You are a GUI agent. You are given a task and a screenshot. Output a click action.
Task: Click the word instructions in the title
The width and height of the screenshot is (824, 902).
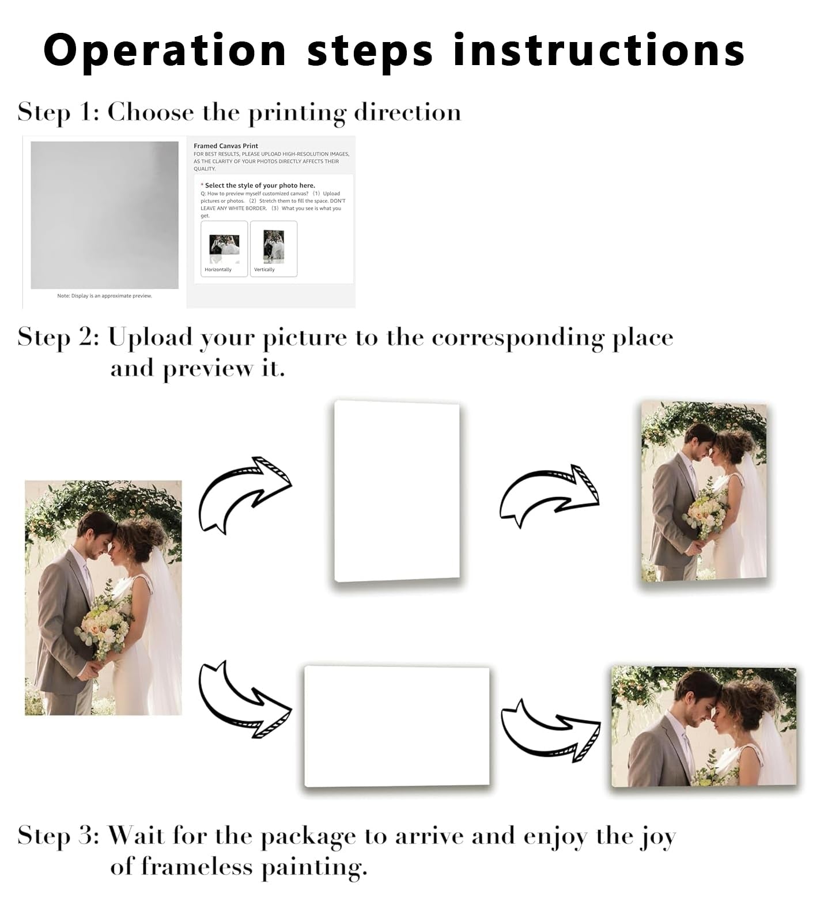tap(599, 50)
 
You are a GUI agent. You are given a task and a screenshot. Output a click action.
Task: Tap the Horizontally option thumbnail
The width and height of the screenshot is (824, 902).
tap(224, 249)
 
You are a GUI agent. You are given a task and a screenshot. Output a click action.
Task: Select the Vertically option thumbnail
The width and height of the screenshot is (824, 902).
tap(274, 249)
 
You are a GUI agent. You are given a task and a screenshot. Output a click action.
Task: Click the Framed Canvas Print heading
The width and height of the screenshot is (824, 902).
tap(226, 146)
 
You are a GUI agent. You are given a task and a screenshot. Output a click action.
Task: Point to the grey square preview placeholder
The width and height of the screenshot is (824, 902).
tap(104, 215)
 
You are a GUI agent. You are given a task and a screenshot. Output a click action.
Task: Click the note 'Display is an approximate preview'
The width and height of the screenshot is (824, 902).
tap(104, 296)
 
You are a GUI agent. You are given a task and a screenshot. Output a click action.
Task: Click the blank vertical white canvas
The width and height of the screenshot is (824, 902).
tap(397, 491)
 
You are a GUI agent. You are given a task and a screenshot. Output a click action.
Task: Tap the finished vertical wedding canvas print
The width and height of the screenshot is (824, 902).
tap(704, 491)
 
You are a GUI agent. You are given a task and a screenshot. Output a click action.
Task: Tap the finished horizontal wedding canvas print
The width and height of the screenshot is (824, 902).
tap(704, 727)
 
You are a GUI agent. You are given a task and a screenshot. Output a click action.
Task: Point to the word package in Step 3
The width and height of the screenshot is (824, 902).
tap(308, 837)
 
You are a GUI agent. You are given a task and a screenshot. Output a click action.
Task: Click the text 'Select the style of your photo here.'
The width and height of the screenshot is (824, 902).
tap(260, 185)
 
